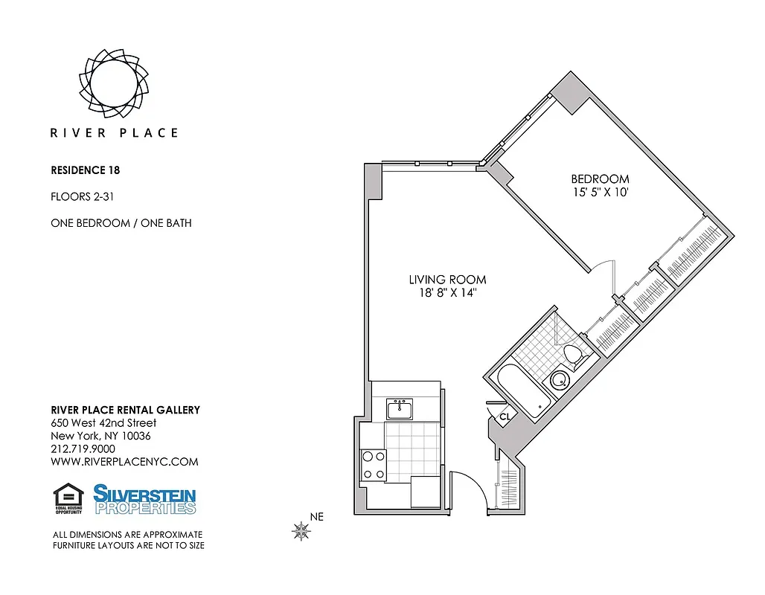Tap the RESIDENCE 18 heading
[x=85, y=170]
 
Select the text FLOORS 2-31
[x=81, y=196]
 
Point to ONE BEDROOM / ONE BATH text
[x=121, y=223]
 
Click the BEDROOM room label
[x=600, y=179]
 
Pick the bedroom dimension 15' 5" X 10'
[x=600, y=193]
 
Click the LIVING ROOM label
[x=447, y=280]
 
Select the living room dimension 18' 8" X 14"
[x=447, y=293]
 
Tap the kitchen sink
[x=400, y=408]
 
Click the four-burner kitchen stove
[x=373, y=465]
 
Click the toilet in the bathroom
[x=573, y=355]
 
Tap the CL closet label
[x=504, y=416]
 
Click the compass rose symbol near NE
[x=301, y=530]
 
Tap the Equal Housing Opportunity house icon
[x=68, y=498]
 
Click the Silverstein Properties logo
[x=144, y=499]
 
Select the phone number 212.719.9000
[x=83, y=448]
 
